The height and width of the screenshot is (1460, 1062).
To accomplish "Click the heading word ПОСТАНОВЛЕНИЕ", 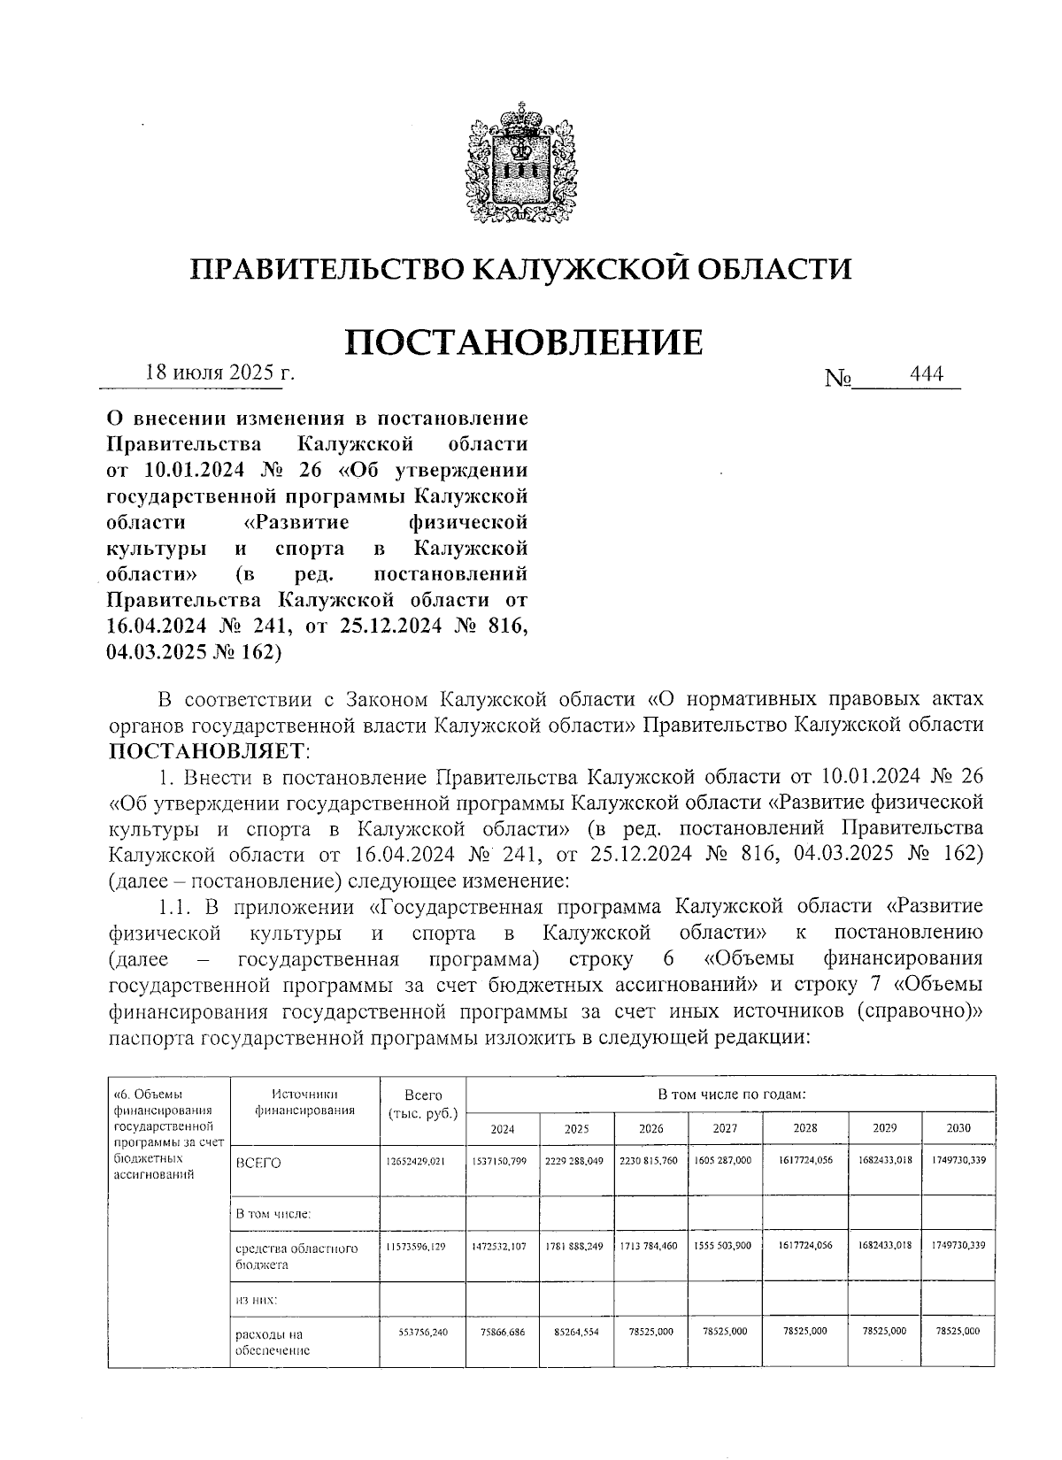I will (x=522, y=342).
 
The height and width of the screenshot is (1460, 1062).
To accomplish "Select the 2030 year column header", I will (x=958, y=1128).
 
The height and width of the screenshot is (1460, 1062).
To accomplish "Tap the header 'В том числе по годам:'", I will (x=731, y=1094).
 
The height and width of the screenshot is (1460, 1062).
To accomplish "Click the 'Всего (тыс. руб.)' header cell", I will (x=422, y=1103).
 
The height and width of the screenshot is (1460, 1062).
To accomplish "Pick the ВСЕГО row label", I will (x=258, y=1163).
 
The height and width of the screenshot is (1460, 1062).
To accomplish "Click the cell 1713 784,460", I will (x=650, y=1246).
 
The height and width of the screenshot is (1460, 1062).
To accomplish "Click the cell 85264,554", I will (x=575, y=1332).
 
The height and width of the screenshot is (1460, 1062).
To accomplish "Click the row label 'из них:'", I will (x=256, y=1301).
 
